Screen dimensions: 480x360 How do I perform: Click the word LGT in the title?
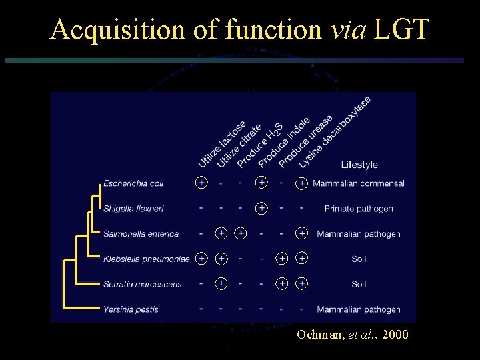[403, 29]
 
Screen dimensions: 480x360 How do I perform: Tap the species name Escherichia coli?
[133, 183]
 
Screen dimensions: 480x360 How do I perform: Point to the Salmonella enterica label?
[141, 234]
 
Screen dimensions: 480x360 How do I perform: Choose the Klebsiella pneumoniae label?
[147, 259]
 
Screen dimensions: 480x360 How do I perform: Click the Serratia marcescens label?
[142, 284]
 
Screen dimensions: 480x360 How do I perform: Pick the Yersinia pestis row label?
[131, 309]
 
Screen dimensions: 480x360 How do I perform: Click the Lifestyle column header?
[359, 165]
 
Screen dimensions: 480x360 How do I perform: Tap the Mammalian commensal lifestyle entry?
[359, 183]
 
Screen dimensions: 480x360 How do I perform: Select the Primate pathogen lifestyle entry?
[359, 209]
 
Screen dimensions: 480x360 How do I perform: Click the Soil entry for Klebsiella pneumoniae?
[359, 259]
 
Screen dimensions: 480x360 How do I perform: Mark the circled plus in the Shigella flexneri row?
[262, 208]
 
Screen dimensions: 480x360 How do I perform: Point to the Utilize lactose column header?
[222, 144]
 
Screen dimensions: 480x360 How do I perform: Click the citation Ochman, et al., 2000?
[353, 334]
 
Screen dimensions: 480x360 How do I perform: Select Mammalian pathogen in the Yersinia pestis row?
[359, 309]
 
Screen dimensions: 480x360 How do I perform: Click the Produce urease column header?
[305, 141]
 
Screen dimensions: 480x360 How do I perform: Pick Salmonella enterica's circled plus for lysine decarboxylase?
[302, 233]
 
